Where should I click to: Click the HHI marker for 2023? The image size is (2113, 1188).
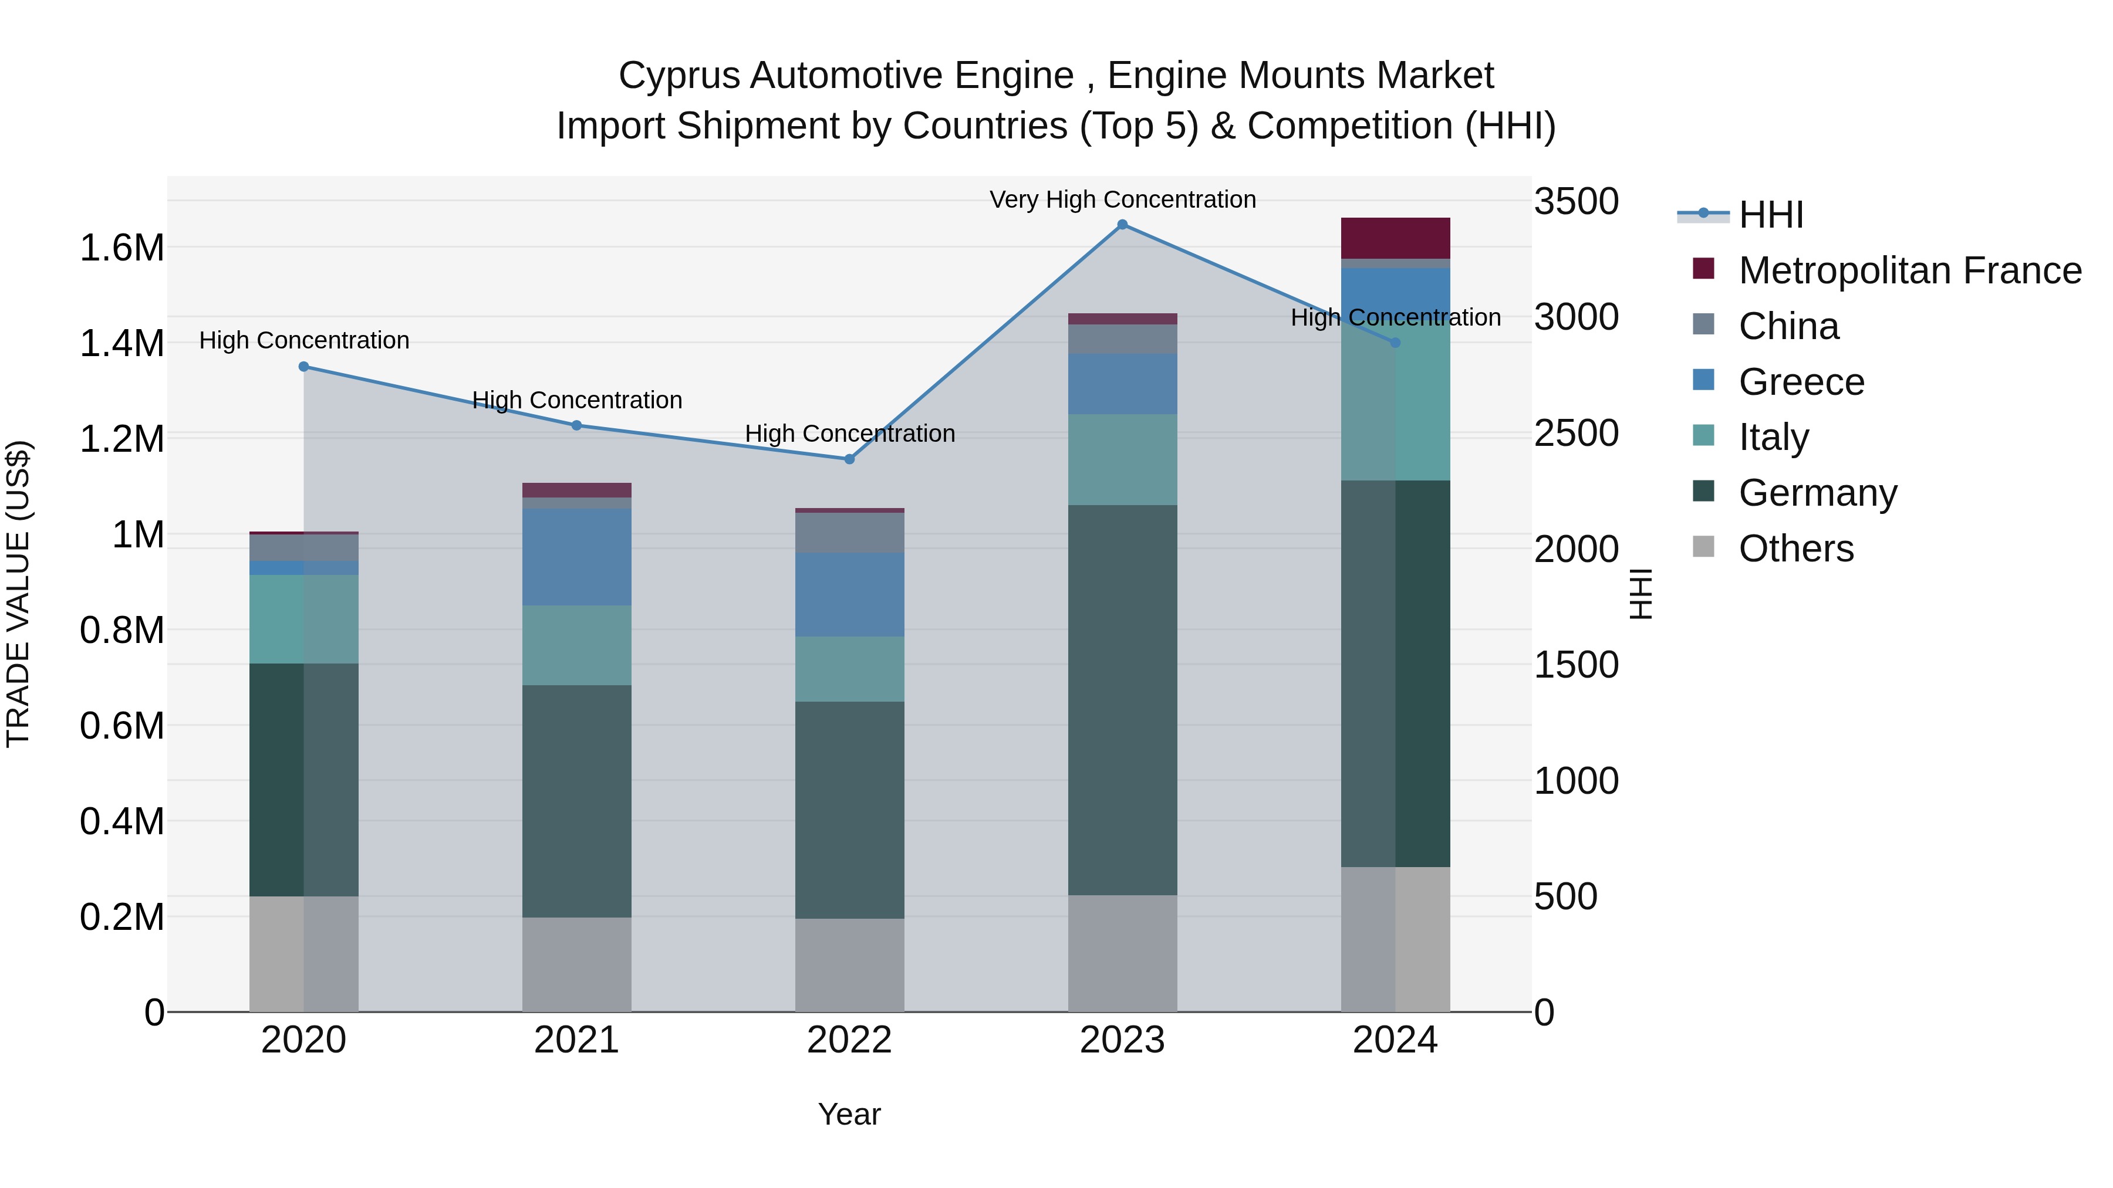[1122, 225]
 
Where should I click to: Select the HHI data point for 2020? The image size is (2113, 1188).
[303, 367]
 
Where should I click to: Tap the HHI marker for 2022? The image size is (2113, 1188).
[850, 459]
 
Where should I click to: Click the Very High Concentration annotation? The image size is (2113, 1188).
[1122, 199]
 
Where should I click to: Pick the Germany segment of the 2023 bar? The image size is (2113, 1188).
[1122, 699]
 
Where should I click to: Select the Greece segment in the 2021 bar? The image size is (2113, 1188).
[576, 557]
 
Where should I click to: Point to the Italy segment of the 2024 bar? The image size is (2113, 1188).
[1395, 402]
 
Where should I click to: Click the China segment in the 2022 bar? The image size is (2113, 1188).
[850, 532]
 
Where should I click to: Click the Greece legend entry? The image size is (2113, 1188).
[1801, 382]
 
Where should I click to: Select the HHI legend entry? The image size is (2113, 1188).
[1770, 215]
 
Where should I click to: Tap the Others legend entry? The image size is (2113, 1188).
[1795, 549]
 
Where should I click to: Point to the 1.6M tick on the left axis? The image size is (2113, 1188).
[121, 248]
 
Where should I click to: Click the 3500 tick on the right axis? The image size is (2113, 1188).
[1576, 202]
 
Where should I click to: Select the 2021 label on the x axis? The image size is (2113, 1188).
[576, 1040]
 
